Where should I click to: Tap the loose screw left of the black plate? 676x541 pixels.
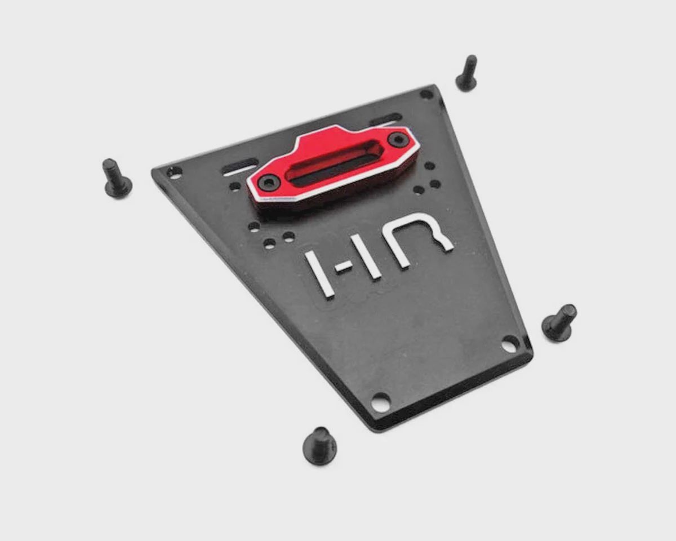(116, 179)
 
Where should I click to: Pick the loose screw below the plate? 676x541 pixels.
(320, 446)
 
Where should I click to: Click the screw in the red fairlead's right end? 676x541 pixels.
(397, 139)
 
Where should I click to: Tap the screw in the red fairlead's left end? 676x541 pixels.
(269, 183)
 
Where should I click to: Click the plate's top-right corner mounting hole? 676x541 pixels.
(426, 94)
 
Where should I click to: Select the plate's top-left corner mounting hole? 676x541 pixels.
(174, 172)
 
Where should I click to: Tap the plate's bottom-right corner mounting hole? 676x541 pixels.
(509, 345)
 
